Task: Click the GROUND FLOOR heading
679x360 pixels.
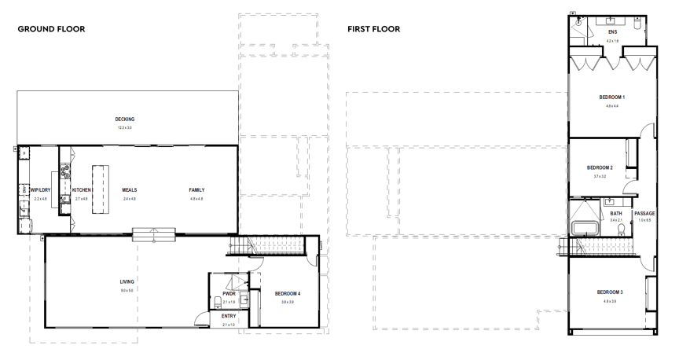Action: [x=51, y=29]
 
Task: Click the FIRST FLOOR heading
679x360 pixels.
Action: [x=374, y=29]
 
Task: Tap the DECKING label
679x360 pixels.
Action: [x=125, y=119]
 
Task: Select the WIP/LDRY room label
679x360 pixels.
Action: [x=39, y=190]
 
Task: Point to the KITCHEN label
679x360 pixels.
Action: [x=82, y=190]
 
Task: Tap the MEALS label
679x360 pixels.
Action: [x=130, y=190]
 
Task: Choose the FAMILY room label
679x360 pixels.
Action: [x=196, y=190]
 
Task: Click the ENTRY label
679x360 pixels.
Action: [x=229, y=317]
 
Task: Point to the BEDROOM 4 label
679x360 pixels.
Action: [x=288, y=294]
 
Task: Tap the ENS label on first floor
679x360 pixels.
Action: [x=612, y=32]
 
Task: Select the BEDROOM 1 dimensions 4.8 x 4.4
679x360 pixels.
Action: [x=612, y=105]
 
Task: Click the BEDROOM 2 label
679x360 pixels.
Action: [x=600, y=168]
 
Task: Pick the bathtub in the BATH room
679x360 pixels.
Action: [x=584, y=228]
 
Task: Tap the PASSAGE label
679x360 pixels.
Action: [x=644, y=214]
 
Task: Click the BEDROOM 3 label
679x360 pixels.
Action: [x=610, y=292]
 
